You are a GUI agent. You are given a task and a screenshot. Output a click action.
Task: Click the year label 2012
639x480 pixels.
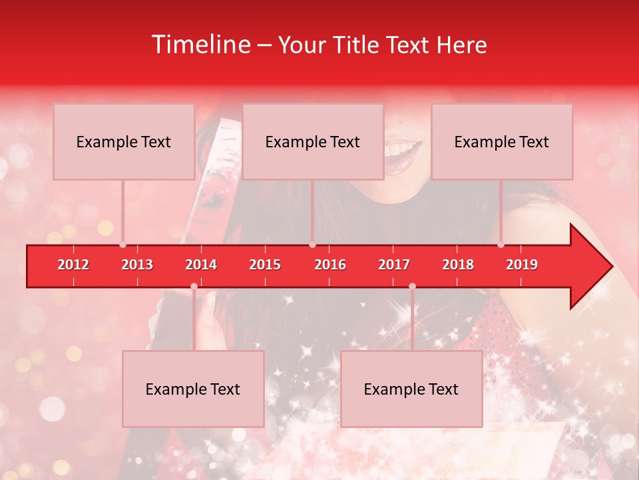tap(73, 265)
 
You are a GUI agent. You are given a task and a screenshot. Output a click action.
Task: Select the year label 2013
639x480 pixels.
tap(137, 265)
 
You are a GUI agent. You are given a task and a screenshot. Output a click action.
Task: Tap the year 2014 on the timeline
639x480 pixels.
tap(201, 265)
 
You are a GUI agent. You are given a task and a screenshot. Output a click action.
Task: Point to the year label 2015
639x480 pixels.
tap(265, 265)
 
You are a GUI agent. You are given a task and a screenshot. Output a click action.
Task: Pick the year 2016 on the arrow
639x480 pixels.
tap(330, 265)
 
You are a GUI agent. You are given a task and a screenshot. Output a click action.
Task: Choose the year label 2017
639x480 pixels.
tap(394, 265)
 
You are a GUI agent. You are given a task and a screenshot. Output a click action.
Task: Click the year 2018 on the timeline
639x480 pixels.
tap(458, 265)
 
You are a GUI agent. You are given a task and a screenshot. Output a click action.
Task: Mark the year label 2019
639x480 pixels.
tap(522, 265)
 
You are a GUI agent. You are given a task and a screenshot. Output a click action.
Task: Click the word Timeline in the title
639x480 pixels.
tap(202, 45)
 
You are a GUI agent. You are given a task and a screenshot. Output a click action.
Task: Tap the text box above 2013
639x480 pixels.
tap(124, 141)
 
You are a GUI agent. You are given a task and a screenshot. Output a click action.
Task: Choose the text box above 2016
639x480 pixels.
tap(313, 141)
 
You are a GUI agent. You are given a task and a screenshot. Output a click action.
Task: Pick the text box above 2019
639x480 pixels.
tap(502, 141)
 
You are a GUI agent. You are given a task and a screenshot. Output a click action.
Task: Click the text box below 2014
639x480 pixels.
tap(193, 389)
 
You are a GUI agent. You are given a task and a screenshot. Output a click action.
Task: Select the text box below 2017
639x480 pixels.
tap(411, 389)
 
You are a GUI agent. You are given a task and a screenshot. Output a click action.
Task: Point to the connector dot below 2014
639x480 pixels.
tap(194, 286)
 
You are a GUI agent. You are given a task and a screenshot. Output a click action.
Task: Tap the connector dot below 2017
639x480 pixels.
tap(412, 286)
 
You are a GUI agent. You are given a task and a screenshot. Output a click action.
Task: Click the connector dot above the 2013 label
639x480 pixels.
tap(123, 244)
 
